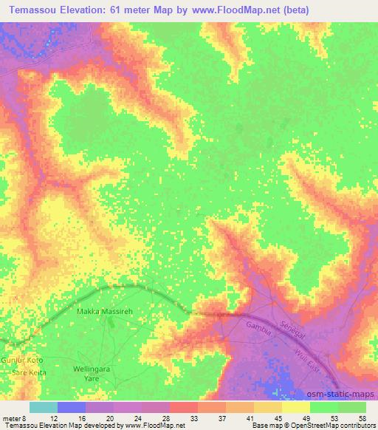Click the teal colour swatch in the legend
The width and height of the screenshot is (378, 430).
[43, 407]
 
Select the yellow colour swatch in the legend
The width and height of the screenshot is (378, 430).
[296, 407]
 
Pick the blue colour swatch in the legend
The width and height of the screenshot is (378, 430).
[72, 407]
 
